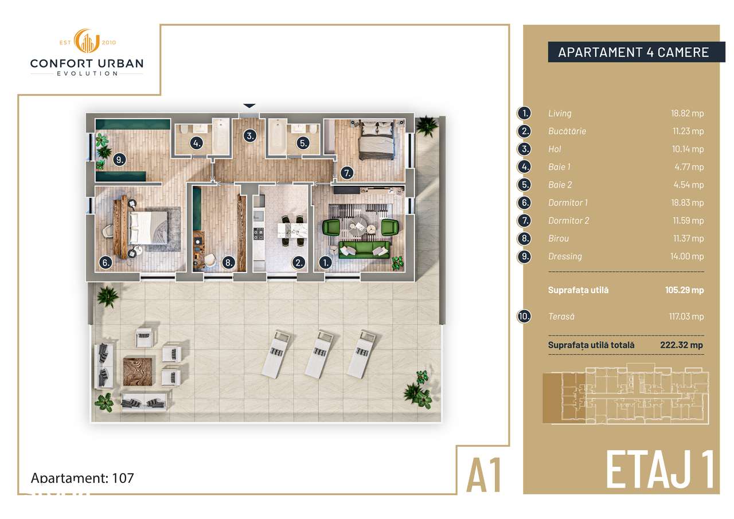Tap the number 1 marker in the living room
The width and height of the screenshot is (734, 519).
click(325, 263)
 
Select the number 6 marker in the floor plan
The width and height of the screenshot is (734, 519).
click(106, 263)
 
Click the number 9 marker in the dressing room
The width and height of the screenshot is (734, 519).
click(119, 160)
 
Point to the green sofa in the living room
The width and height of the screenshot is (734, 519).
click(365, 249)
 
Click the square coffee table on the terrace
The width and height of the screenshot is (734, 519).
click(138, 370)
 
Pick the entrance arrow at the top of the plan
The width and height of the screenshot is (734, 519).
click(249, 106)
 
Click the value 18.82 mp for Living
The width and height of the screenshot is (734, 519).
click(687, 114)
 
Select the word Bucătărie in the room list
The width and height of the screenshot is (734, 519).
click(567, 131)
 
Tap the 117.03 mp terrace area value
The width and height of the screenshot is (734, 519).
click(687, 317)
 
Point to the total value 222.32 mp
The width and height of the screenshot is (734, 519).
click(681, 345)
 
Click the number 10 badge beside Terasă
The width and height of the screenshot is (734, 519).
click(524, 317)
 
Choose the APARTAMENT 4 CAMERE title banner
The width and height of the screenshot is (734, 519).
click(633, 52)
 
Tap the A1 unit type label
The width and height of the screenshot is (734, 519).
click(485, 474)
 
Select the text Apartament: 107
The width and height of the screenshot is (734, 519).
click(82, 478)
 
